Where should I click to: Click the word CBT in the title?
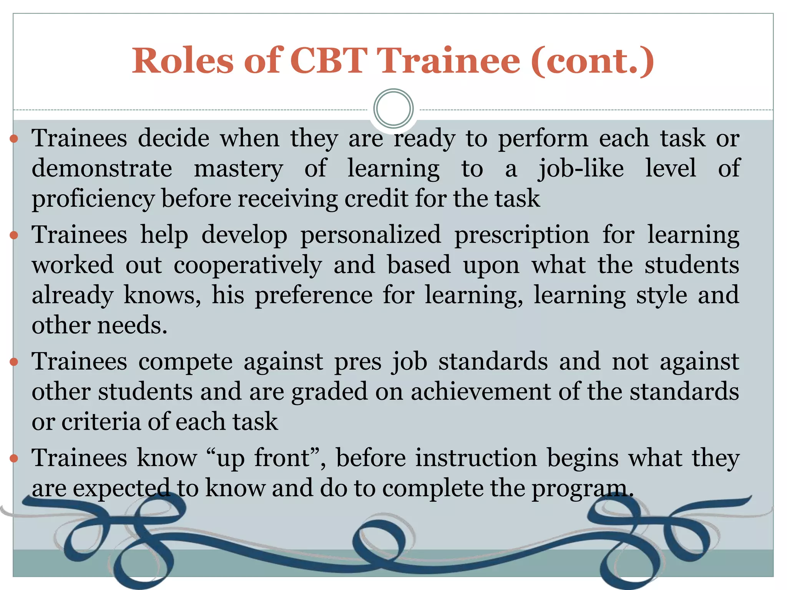(329, 61)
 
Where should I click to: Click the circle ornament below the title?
(393, 108)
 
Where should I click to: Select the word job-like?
(581, 169)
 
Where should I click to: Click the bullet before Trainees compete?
(14, 362)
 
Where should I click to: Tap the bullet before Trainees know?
(14, 458)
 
